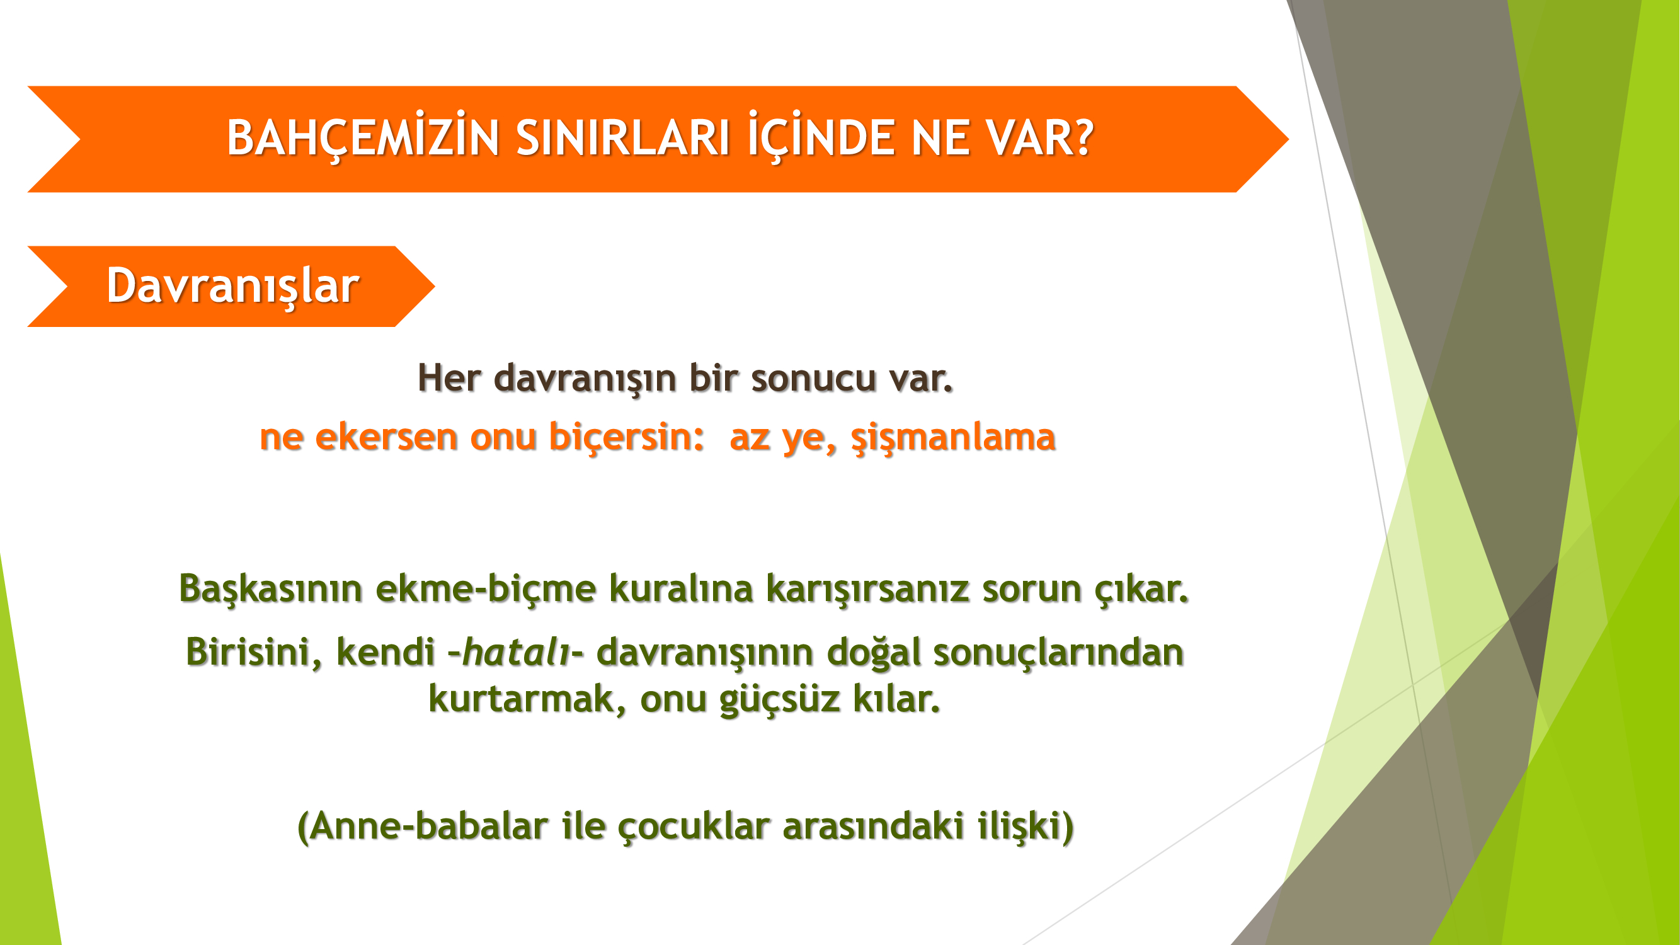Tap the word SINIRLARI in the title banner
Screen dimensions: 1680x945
[623, 138]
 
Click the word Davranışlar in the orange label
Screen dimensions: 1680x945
[233, 285]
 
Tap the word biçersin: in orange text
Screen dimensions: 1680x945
[626, 437]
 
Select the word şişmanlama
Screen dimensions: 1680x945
[953, 438]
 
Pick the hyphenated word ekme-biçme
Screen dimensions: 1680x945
[486, 588]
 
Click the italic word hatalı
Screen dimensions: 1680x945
[516, 652]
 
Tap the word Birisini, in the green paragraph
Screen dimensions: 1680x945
[254, 652]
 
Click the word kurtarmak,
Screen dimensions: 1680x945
[528, 699]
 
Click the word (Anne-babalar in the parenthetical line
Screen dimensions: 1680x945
[423, 827]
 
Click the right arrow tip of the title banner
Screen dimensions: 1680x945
[1288, 139]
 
